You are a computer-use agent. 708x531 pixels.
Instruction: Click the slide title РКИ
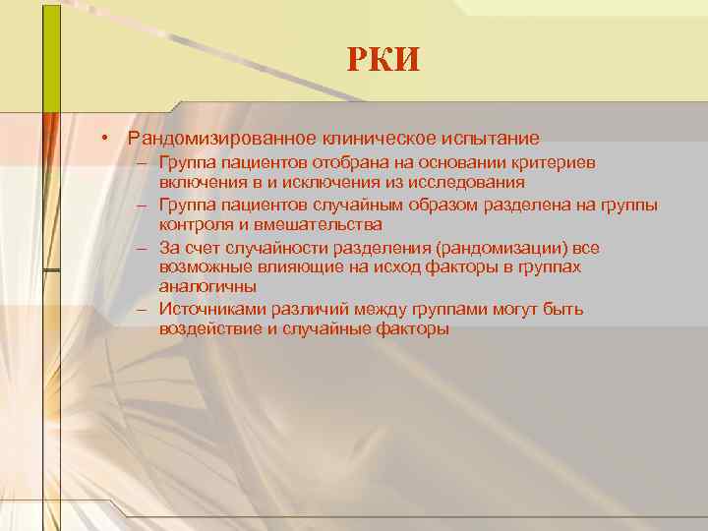tap(383, 60)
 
